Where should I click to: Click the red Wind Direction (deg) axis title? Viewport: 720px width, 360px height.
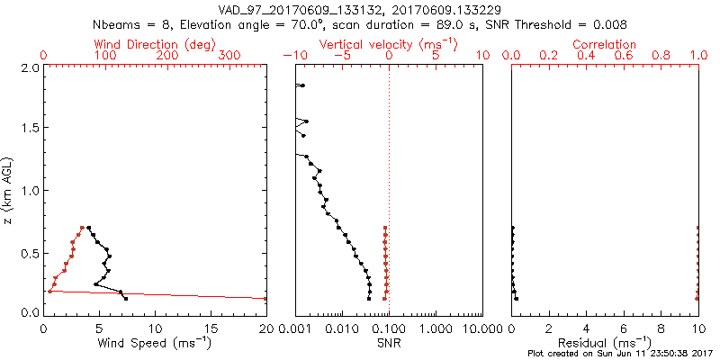point(155,44)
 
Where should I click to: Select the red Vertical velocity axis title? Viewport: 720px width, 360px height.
point(389,44)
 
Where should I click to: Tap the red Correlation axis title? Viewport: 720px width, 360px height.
point(605,44)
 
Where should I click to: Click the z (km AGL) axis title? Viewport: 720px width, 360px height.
point(8,190)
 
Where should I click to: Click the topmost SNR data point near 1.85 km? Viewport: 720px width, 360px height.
point(302,85)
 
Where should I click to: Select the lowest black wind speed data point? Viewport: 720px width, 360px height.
point(126,298)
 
